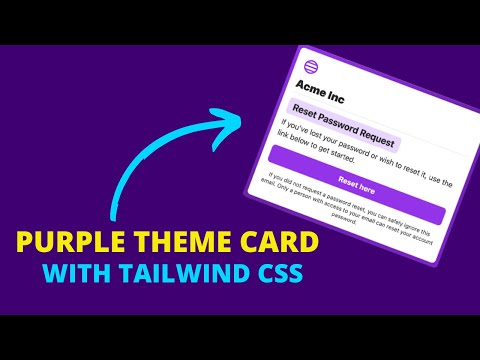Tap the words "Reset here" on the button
358,184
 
